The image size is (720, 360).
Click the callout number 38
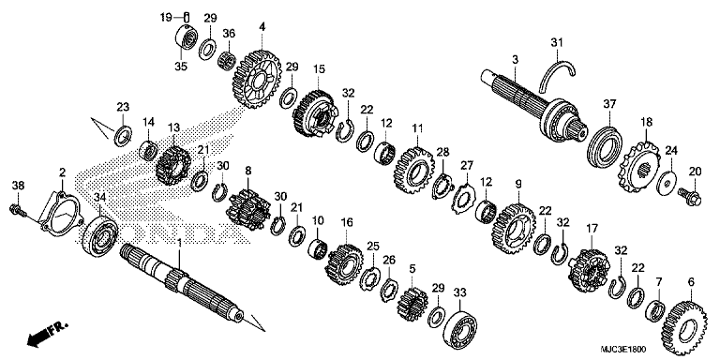click(19, 186)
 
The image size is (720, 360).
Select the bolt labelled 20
click(690, 196)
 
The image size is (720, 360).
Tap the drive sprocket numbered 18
click(640, 169)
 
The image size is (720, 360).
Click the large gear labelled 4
click(261, 80)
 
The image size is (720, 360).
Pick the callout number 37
click(609, 105)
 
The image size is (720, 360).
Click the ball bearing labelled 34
click(100, 235)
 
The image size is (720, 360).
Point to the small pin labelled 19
click(187, 18)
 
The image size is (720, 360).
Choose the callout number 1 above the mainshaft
click(179, 242)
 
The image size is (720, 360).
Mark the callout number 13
click(173, 127)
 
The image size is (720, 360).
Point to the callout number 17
click(592, 228)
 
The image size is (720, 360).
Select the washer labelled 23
click(123, 135)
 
